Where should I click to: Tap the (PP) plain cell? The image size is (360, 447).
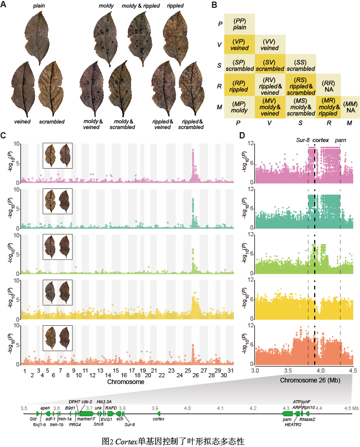click(x=240, y=23)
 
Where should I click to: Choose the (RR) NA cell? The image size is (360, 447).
click(x=328, y=86)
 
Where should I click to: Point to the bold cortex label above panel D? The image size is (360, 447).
click(x=321, y=139)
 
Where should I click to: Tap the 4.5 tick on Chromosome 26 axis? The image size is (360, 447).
click(x=353, y=370)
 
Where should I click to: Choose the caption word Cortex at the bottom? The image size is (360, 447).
click(x=124, y=441)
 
